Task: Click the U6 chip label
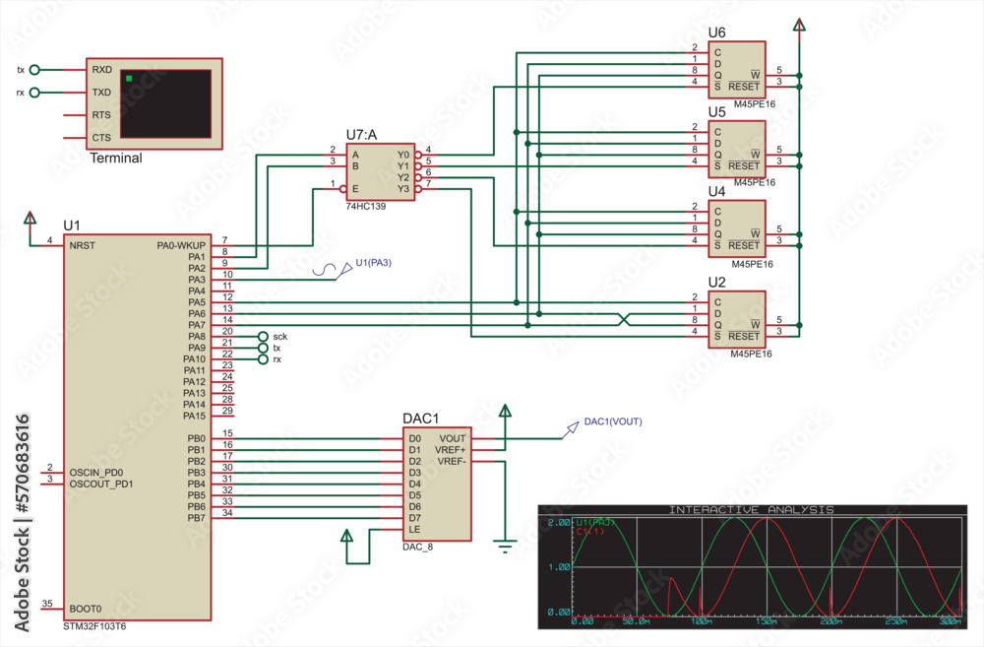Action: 716,32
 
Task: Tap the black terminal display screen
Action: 165,102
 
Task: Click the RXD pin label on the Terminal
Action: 101,70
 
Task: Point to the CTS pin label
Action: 101,138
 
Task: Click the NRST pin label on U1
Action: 83,244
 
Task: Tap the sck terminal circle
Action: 263,337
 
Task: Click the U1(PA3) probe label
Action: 374,262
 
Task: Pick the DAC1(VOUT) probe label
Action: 612,421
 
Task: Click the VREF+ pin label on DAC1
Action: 452,450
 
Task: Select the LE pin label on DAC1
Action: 414,529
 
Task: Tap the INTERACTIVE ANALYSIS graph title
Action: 751,510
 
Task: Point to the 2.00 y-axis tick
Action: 558,522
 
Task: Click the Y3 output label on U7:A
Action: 402,189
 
